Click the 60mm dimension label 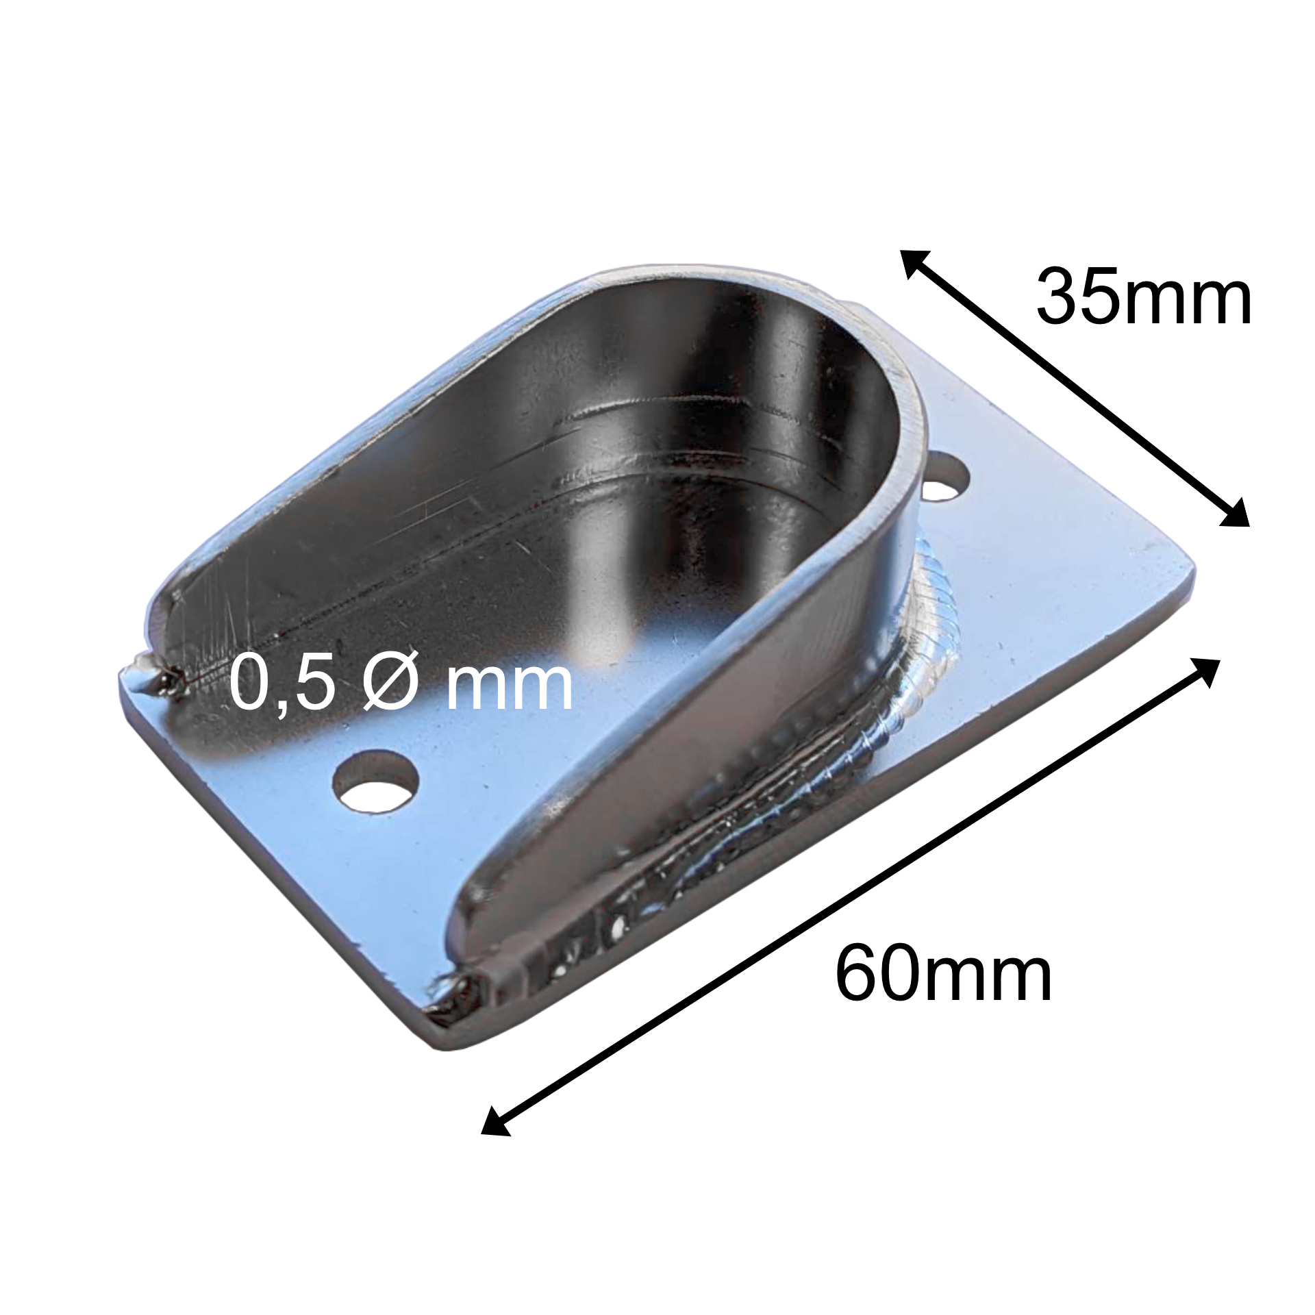(943, 973)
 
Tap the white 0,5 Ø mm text (401, 683)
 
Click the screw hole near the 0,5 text (375, 781)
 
